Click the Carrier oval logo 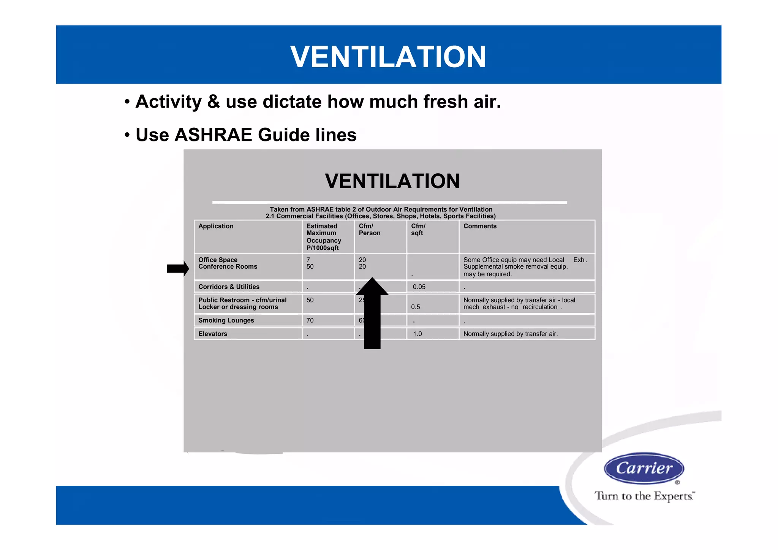point(644,468)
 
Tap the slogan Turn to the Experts point(644,496)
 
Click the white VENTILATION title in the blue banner point(388,57)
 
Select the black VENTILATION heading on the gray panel point(392,181)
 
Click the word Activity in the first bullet point(168,102)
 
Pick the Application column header point(216,226)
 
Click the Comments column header point(480,226)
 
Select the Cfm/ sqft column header point(418,230)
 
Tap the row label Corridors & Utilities point(229,287)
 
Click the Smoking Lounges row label point(226,320)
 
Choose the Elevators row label point(213,334)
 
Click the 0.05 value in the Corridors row point(419,287)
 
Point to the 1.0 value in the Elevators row point(417,334)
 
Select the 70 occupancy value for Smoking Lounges point(310,320)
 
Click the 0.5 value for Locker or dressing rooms point(416,307)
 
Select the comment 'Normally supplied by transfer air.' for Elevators point(511,334)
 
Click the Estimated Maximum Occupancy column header point(324,237)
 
